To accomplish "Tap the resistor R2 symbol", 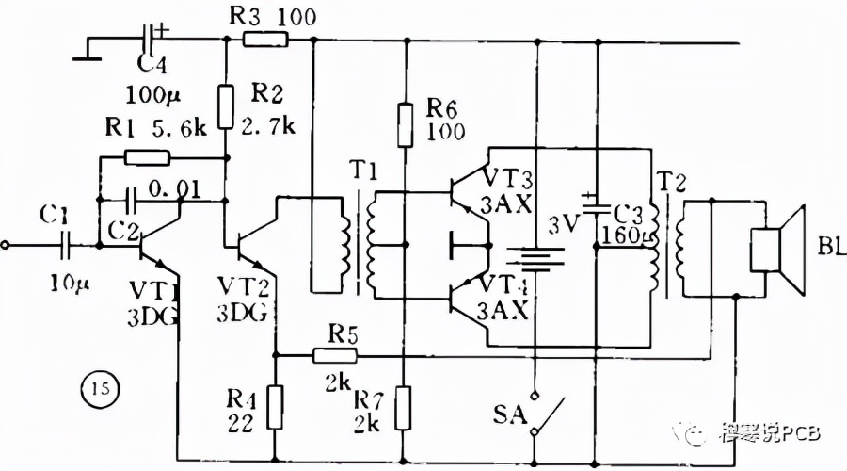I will pyautogui.click(x=226, y=106).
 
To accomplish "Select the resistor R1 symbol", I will pyautogui.click(x=141, y=158).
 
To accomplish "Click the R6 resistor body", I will pyautogui.click(x=406, y=125).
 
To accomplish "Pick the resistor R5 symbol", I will pyautogui.click(x=336, y=355).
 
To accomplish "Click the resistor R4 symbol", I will pyautogui.click(x=274, y=406).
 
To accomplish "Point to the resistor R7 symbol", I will pyautogui.click(x=405, y=406).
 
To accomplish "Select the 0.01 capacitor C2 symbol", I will pyautogui.click(x=133, y=200).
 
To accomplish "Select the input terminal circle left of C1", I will pyautogui.click(x=8, y=247).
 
